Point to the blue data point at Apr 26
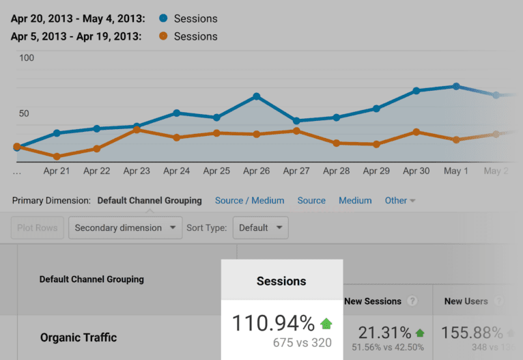pos(256,96)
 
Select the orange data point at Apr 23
pos(137,130)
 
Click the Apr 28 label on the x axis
pos(336,171)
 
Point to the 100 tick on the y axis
pos(27,58)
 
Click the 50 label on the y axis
pos(24,113)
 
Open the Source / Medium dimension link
pos(249,201)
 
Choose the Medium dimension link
pos(355,201)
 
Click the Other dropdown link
pos(400,201)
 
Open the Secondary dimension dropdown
pos(125,227)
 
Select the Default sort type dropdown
pos(260,227)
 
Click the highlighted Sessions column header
pos(281,281)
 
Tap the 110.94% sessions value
pos(273,323)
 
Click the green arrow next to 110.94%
pos(326,323)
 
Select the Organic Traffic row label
pos(79,337)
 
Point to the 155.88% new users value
pos(472,333)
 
